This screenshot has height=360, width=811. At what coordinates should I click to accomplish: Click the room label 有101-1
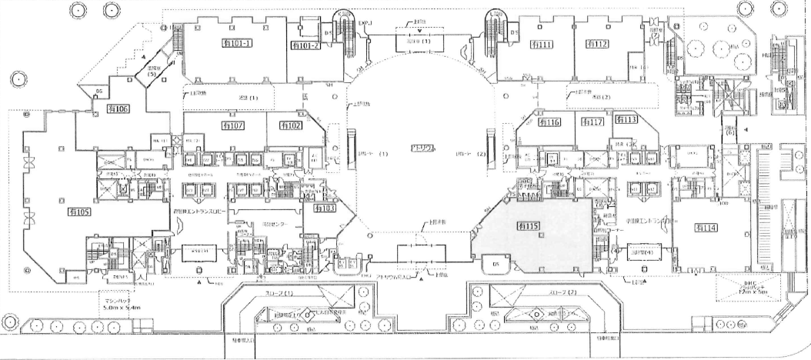(236, 45)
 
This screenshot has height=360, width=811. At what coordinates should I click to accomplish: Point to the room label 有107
(232, 125)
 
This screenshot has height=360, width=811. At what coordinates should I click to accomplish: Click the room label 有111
(542, 45)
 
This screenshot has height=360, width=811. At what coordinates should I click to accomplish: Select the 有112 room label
(596, 45)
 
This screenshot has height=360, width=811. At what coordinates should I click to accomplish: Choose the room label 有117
(592, 123)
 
